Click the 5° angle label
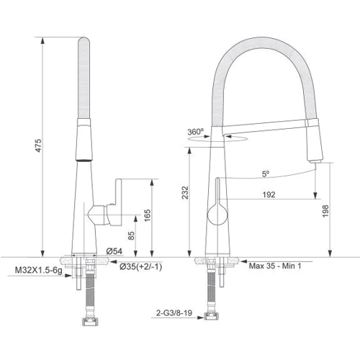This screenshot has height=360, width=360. pos(265,173)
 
